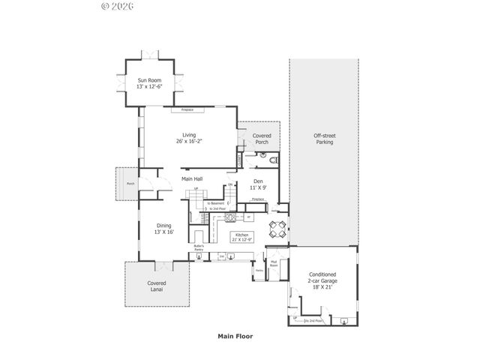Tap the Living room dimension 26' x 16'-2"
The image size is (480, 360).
tap(188, 142)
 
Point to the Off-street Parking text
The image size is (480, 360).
tap(324, 138)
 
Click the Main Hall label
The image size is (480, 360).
tap(192, 178)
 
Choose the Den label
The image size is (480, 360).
tap(257, 181)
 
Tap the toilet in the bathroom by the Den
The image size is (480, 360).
tap(273, 160)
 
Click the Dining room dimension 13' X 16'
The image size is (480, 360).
tap(164, 232)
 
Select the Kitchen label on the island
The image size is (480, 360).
tap(241, 235)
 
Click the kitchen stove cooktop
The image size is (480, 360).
tap(231, 217)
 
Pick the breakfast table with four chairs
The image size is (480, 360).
tap(277, 229)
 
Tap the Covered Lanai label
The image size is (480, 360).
tap(156, 286)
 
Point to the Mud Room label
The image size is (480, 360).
tap(274, 264)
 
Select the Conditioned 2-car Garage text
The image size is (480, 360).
tap(323, 278)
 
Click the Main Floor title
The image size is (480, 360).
tap(235, 337)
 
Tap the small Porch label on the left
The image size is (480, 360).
tap(130, 183)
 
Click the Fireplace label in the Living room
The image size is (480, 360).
tap(187, 110)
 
